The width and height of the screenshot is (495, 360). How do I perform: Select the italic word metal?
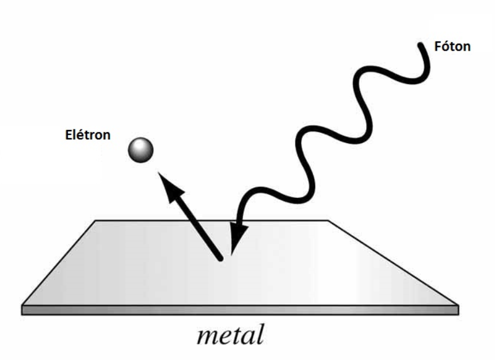[x=230, y=335]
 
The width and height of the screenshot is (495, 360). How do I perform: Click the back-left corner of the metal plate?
[x=96, y=221]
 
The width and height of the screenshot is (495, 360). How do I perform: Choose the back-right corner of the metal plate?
[x=328, y=221]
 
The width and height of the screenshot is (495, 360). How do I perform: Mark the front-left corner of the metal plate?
[x=22, y=305]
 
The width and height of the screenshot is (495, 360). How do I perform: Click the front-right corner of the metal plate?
[x=458, y=305]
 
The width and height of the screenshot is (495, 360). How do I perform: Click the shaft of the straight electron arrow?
[x=196, y=224]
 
